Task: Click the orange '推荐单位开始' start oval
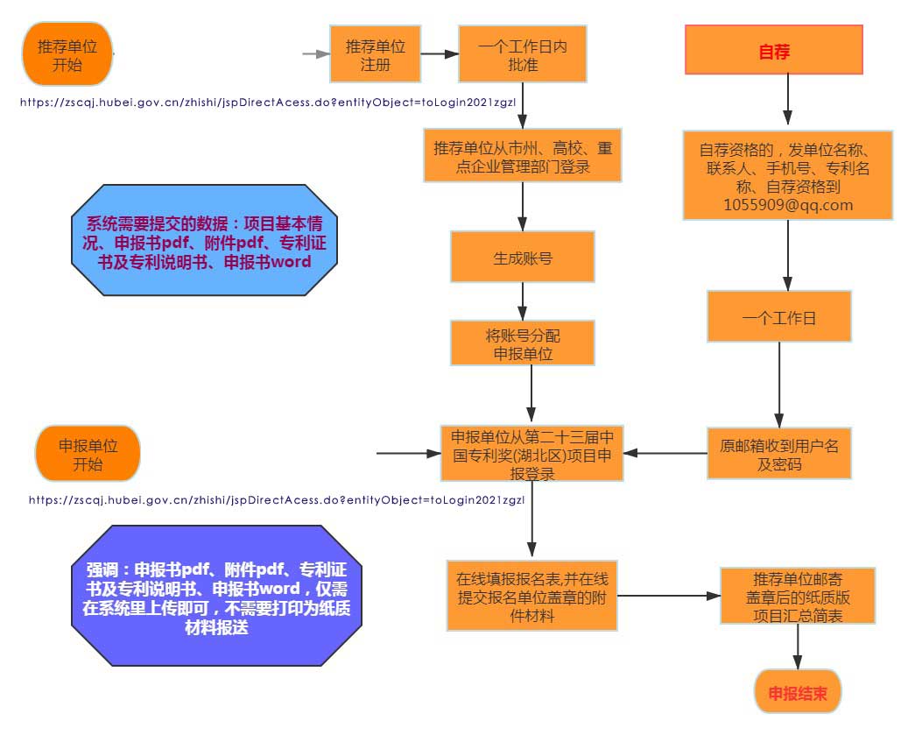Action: tap(67, 54)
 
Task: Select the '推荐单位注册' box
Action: tap(375, 54)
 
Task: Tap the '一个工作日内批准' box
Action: tap(523, 54)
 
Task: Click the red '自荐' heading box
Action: tap(774, 50)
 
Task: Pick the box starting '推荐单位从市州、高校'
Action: tap(523, 157)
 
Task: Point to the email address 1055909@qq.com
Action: tap(788, 206)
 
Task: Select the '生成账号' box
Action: tap(523, 258)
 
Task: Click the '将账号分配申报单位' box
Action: tap(523, 343)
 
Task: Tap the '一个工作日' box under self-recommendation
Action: tap(778, 317)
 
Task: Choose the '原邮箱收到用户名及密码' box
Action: tap(778, 454)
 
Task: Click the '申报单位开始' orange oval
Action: tap(88, 454)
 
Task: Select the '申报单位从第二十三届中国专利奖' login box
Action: tap(531, 454)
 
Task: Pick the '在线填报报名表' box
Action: tap(533, 596)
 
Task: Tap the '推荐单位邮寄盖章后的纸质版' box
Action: tap(798, 596)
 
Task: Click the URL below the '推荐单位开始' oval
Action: tap(272, 102)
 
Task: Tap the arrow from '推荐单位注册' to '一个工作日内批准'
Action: tap(440, 54)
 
